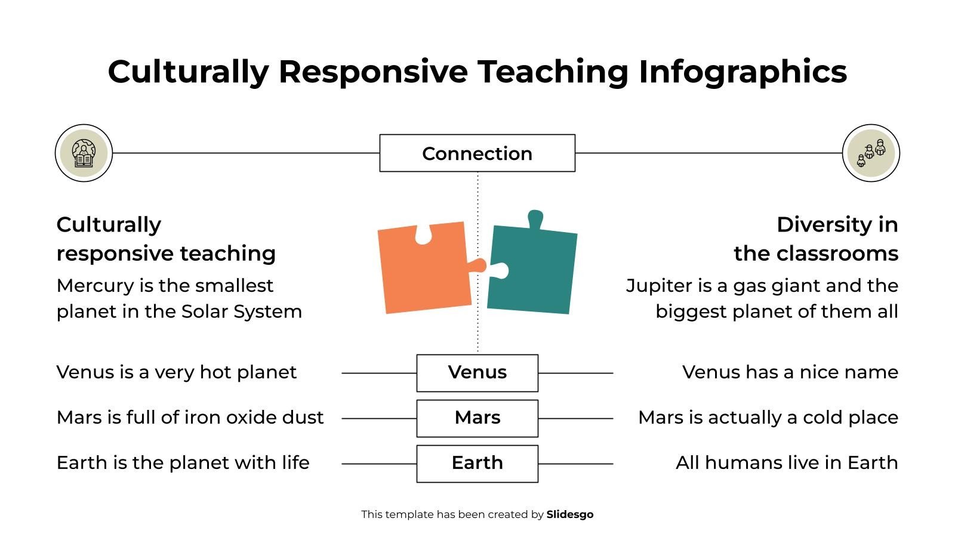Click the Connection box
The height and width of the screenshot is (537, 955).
[477, 153]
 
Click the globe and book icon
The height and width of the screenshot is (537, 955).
[84, 153]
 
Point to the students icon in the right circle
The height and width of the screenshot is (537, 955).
[871, 153]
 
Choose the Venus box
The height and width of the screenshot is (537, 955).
[477, 373]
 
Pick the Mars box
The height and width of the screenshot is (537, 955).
[477, 418]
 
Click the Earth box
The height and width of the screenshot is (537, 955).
[477, 464]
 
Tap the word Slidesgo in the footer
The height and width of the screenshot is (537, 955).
[569, 514]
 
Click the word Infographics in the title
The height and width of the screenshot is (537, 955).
[743, 72]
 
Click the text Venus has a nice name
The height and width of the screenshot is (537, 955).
[790, 372]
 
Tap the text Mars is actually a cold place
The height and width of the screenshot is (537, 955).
[768, 418]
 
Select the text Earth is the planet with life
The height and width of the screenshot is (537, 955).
[183, 463]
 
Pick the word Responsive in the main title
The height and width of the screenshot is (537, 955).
[372, 72]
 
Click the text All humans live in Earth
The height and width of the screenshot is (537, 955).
[787, 463]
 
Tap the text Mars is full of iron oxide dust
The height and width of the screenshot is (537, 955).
[190, 418]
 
